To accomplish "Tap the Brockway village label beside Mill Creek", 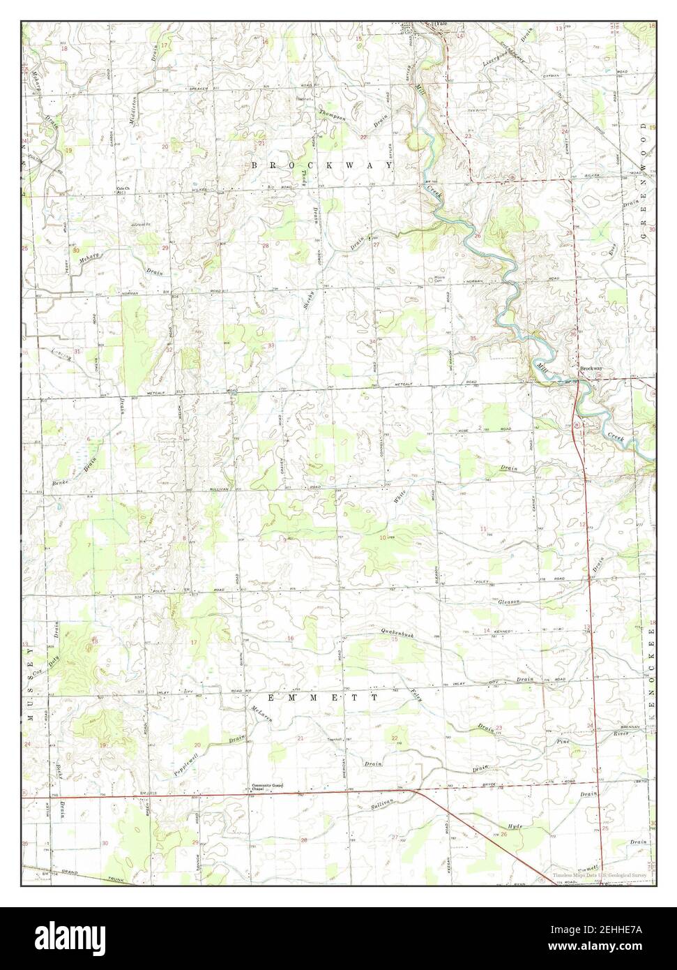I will [x=591, y=368].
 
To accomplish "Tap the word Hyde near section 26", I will [x=515, y=826].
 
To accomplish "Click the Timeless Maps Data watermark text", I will [x=600, y=874].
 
